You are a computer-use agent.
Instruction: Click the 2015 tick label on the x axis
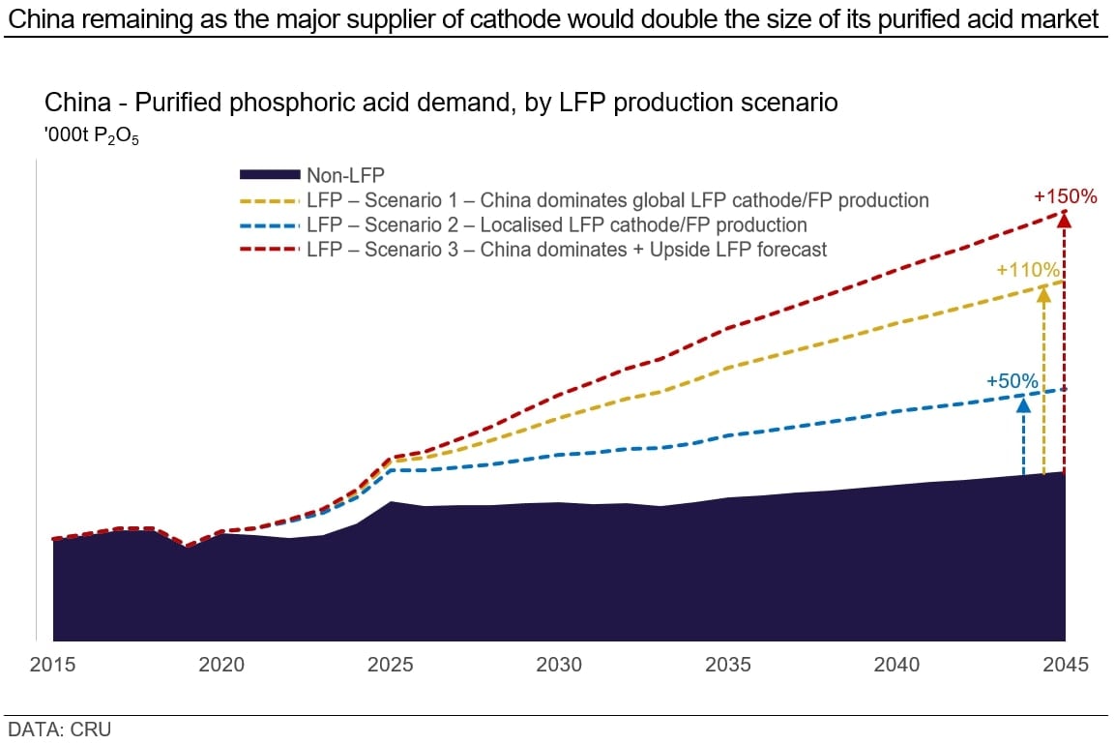click(52, 665)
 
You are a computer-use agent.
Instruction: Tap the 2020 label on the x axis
click(221, 665)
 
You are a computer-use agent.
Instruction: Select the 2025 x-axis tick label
click(391, 665)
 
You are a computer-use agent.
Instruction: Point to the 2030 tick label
click(559, 665)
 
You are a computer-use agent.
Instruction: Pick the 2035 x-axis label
click(728, 665)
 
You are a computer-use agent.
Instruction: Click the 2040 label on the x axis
click(896, 665)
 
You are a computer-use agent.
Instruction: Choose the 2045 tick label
click(1065, 665)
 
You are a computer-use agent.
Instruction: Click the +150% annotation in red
click(1065, 196)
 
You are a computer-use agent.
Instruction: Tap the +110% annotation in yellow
click(1028, 270)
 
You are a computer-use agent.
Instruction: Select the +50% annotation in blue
click(1012, 381)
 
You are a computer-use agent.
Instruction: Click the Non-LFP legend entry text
click(345, 175)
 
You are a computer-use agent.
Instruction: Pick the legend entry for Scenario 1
click(617, 200)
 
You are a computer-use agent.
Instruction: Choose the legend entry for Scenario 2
click(556, 224)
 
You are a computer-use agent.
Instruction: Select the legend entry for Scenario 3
click(567, 249)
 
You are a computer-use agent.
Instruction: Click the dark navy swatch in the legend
click(269, 175)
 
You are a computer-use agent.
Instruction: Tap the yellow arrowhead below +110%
click(1043, 292)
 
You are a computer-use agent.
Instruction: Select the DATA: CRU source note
click(59, 730)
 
